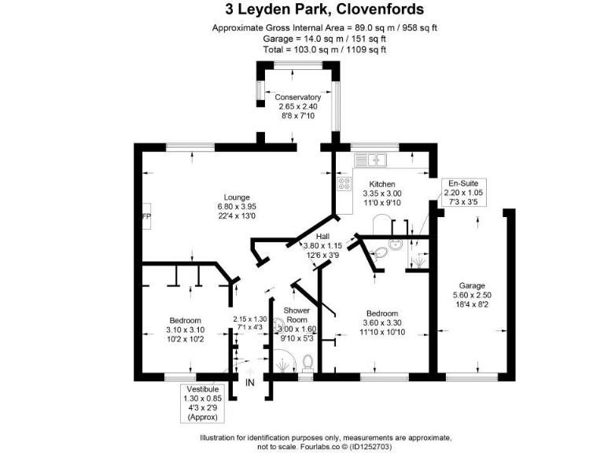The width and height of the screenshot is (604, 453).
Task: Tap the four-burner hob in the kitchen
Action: tap(344, 184)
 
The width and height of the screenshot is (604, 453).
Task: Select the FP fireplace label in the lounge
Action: tap(145, 216)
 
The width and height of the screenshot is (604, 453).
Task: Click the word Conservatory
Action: tap(298, 97)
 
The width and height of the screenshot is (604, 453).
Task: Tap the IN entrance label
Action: tap(250, 383)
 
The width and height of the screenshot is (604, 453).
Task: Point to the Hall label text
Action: tap(322, 236)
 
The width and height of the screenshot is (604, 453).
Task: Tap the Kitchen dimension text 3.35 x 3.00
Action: tap(382, 193)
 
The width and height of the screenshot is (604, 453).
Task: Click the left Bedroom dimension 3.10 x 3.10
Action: tap(185, 330)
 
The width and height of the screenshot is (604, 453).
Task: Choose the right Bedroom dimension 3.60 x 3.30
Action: tap(381, 322)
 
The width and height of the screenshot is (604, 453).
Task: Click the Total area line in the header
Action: tap(302, 50)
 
